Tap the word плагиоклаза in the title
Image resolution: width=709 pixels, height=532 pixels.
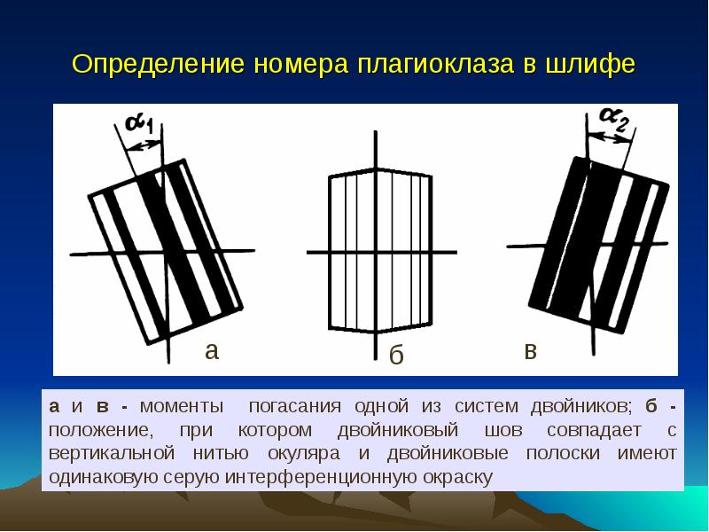pyautogui.click(x=436, y=64)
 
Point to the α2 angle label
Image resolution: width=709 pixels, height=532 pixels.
pyautogui.click(x=614, y=119)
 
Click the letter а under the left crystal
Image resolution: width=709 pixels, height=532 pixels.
pyautogui.click(x=212, y=350)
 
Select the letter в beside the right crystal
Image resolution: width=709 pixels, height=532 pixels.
pyautogui.click(x=530, y=351)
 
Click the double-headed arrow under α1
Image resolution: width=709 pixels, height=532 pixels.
pyautogui.click(x=143, y=145)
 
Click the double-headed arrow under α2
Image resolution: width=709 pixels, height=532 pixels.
pyautogui.click(x=611, y=137)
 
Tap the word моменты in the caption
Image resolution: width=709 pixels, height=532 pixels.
pyautogui.click(x=182, y=406)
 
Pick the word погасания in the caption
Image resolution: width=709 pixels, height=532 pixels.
pyautogui.click(x=295, y=406)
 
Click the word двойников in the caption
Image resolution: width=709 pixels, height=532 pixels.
pyautogui.click(x=580, y=406)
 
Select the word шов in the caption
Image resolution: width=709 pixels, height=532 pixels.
pyautogui.click(x=503, y=430)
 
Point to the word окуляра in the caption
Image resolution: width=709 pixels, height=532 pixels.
pyautogui.click(x=304, y=454)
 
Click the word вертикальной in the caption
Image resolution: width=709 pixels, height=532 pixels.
pyautogui.click(x=112, y=453)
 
